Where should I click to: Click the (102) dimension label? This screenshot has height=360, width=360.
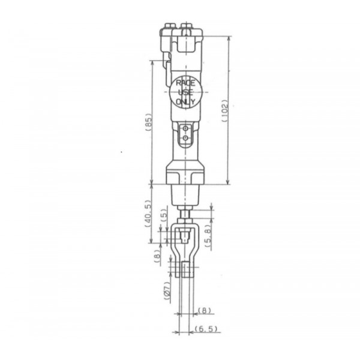tap(225, 111)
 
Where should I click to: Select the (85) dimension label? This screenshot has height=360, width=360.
tap(149, 122)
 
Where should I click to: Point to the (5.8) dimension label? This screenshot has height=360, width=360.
tap(208, 235)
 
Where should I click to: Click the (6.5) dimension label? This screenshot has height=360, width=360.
tap(206, 329)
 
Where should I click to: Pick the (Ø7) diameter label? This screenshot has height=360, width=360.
tap(167, 290)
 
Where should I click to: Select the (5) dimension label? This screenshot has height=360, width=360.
tap(164, 215)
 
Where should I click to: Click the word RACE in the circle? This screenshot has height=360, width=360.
tap(185, 83)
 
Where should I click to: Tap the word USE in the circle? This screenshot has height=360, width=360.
tap(185, 92)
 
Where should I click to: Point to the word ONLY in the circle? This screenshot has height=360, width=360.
tap(185, 101)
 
